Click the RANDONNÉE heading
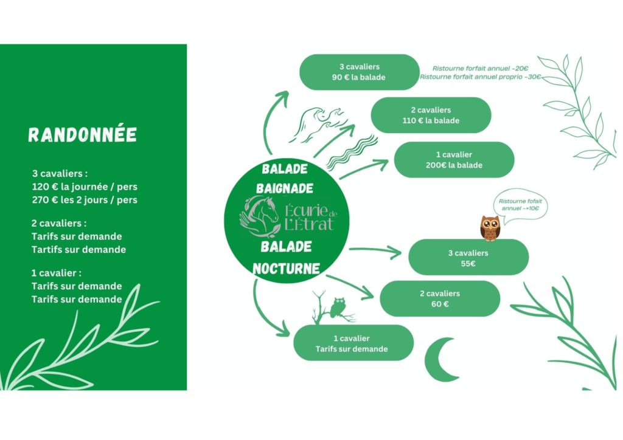point(83,135)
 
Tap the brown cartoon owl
point(490,228)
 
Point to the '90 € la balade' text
point(359,77)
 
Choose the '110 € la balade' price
point(431,120)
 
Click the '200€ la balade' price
point(454,165)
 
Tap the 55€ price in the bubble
point(468,263)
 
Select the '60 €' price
point(440,304)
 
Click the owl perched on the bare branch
point(338,308)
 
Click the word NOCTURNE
point(286,269)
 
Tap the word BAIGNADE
point(285,188)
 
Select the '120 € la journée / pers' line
point(85,187)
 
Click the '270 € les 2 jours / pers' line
point(85,199)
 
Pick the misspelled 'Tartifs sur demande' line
point(78,250)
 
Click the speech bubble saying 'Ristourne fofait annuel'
point(520,205)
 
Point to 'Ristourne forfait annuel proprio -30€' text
point(481,77)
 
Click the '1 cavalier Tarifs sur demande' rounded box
point(353,343)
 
